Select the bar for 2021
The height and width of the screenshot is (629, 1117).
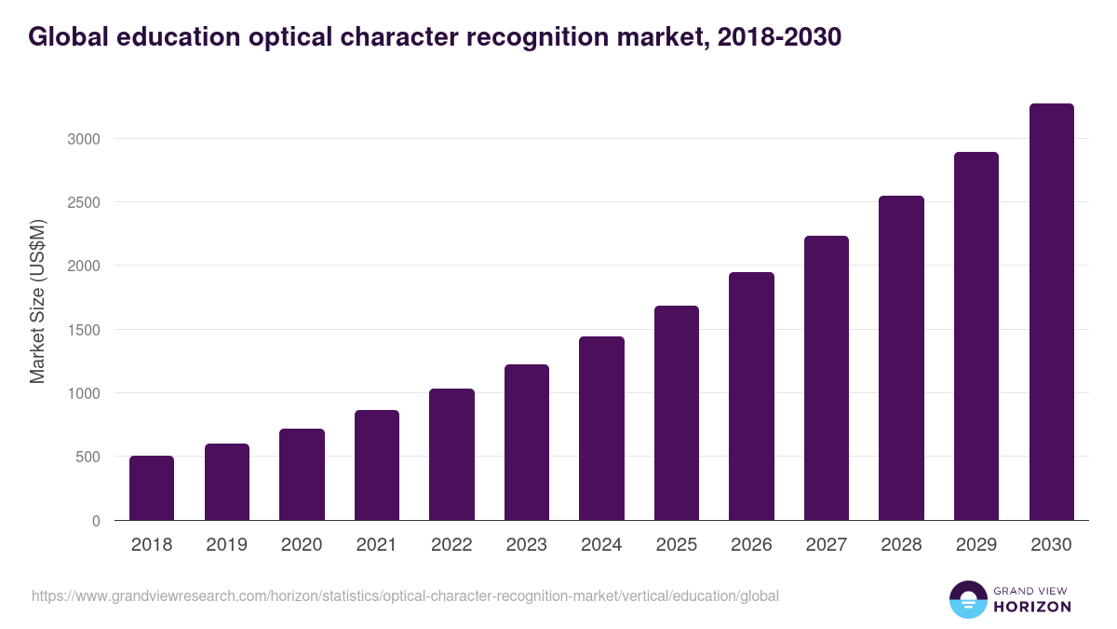(376, 465)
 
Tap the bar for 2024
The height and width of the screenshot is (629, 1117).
(601, 428)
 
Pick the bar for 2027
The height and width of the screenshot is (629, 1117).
(826, 377)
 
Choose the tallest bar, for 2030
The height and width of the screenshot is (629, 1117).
(1051, 311)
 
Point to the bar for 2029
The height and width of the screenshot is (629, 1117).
(976, 335)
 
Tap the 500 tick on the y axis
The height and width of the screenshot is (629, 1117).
(87, 457)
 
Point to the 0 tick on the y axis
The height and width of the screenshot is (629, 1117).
(95, 521)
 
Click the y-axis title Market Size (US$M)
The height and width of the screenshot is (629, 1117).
(37, 301)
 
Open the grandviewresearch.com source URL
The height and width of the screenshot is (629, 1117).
(405, 595)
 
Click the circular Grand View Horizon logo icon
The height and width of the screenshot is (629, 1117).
(967, 599)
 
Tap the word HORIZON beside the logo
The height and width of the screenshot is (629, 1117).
(1031, 607)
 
